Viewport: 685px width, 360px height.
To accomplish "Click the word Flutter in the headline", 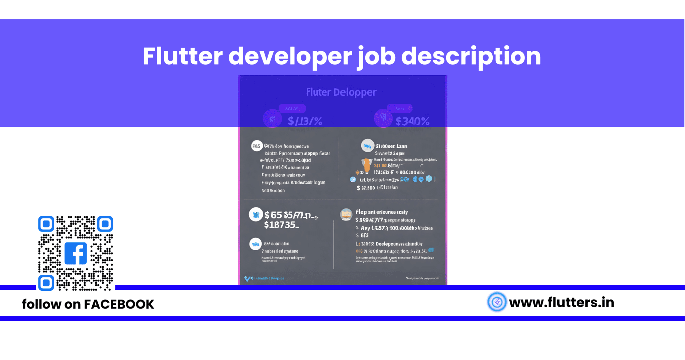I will point(183,56).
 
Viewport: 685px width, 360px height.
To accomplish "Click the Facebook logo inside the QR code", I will point(76,253).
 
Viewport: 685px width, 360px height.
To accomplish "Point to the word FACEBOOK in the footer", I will point(119,304).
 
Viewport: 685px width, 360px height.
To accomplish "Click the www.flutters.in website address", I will point(562,302).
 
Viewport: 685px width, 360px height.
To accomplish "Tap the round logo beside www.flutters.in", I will point(497,302).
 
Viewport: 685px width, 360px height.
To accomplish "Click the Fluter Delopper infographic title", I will point(341,92).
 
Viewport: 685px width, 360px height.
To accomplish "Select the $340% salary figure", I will point(412,121).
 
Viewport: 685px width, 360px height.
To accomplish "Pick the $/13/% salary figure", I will point(305,121).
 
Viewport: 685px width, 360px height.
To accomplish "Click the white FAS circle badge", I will point(257,146).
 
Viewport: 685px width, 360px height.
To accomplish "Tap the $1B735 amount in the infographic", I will point(281,225).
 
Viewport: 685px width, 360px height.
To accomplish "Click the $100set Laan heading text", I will point(391,146).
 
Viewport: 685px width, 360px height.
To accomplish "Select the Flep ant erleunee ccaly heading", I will point(382,212).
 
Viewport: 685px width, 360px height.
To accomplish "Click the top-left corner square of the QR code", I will point(46,224).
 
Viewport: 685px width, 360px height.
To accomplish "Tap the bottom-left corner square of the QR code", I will point(46,283).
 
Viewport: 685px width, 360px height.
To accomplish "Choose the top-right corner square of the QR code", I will point(105,224).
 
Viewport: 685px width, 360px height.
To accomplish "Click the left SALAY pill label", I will point(292,109).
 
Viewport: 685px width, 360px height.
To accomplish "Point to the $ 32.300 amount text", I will point(366,188).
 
